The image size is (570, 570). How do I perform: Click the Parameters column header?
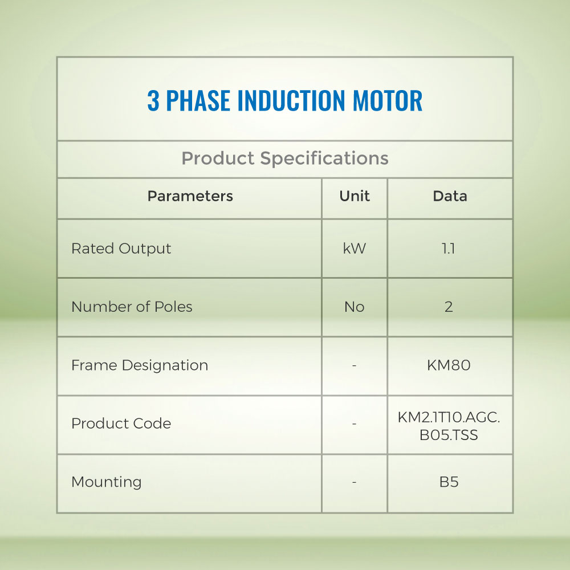pos(190,196)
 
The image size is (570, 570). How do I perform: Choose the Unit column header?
pos(355,196)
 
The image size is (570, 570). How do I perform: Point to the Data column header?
pos(450,196)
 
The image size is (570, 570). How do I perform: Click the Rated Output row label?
pos(121,249)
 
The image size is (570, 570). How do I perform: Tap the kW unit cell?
pos(355,249)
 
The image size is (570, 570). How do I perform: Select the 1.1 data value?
pos(448,249)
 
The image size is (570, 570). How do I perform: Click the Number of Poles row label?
pos(132,307)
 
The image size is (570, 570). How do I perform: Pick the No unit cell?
pos(355,307)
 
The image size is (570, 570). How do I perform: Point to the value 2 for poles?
pos(449,307)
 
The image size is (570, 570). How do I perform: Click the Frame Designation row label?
pos(140,366)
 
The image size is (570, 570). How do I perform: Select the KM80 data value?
pos(449,365)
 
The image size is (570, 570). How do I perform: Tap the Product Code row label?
pos(121,424)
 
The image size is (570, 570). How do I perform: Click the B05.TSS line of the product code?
pos(449,435)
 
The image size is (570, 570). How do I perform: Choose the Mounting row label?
pos(106,482)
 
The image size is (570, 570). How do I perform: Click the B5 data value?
pos(449,482)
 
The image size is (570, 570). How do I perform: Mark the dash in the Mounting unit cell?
pos(354,482)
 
